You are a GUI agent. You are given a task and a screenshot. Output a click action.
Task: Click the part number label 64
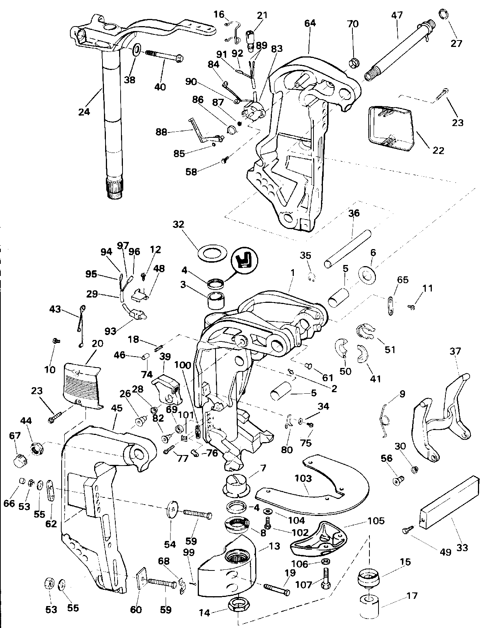310,23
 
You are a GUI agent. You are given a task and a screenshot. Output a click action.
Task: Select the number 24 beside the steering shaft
84,112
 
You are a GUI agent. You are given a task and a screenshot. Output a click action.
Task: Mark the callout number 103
303,478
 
